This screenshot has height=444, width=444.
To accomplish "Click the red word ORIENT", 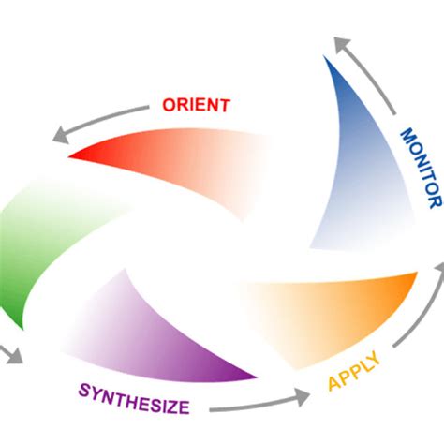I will coord(195,105).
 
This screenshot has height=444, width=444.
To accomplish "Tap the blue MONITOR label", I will coord(419,167).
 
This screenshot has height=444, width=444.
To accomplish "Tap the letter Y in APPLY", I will coord(376,361).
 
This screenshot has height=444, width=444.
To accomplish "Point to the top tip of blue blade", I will coord(327,58).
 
